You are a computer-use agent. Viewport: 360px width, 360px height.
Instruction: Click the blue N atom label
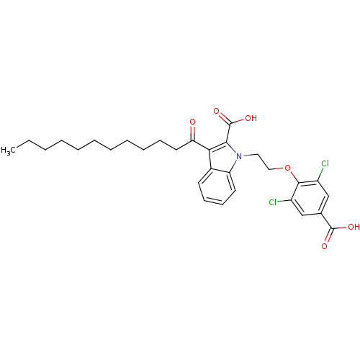[239, 156]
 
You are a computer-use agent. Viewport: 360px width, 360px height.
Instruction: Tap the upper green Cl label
[325, 164]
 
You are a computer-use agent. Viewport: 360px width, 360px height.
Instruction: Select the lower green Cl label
[274, 202]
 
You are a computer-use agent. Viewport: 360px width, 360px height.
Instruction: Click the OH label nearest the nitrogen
[251, 118]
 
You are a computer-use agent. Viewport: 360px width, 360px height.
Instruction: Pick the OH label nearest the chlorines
[353, 227]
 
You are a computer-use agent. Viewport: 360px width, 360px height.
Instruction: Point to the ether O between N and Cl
[287, 168]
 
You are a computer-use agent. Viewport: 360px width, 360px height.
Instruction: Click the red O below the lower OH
[324, 246]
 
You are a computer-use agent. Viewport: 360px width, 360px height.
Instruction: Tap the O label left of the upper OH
[216, 111]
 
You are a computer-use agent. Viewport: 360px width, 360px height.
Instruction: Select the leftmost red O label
[192, 122]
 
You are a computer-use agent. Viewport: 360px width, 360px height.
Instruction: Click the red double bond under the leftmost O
[192, 130]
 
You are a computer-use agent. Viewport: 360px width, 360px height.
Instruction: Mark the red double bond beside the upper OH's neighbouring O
[220, 116]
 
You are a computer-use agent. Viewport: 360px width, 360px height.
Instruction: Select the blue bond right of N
[246, 154]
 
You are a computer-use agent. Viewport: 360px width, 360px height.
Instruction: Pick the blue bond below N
[236, 162]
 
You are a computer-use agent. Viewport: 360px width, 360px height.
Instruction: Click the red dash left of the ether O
[279, 169]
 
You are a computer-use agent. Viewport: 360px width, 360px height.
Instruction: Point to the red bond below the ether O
[292, 175]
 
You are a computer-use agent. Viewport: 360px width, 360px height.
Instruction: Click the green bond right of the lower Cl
[282, 202]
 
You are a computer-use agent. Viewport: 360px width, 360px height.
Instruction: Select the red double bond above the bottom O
[327, 238]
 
